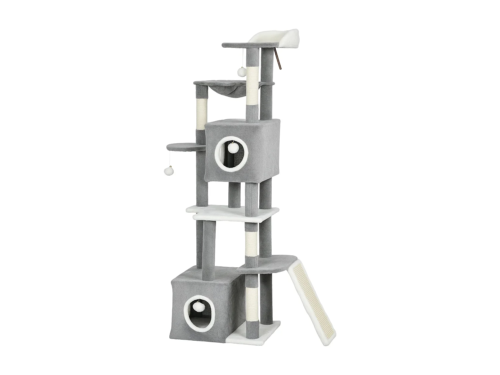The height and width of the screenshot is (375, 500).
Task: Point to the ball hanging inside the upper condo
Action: [x=233, y=148]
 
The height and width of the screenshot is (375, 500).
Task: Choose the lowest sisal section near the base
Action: [x=251, y=300]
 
